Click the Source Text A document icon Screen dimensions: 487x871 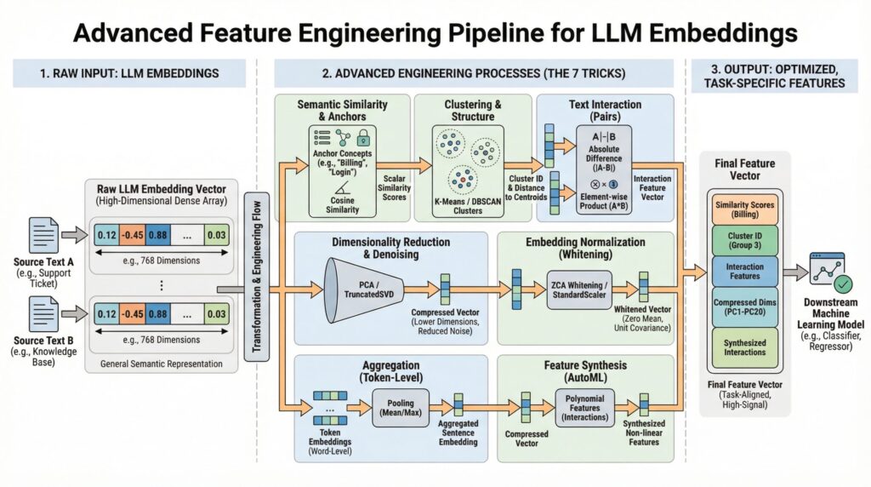(x=43, y=233)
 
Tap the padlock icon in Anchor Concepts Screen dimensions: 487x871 (x=363, y=136)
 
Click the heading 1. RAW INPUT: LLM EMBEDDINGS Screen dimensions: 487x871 (x=129, y=73)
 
